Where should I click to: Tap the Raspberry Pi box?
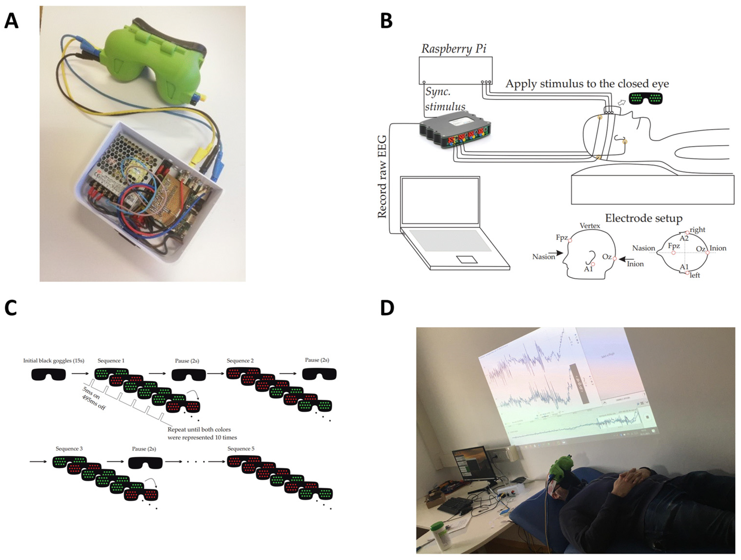[455, 70]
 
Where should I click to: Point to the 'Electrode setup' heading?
[643, 219]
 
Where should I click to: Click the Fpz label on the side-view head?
[562, 238]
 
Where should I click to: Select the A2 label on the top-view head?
[684, 238]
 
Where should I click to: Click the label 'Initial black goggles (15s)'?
[54, 361]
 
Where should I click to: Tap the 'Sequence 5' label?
[241, 449]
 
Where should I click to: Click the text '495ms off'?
[94, 403]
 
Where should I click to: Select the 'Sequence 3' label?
[69, 449]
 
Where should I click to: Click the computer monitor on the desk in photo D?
[473, 464]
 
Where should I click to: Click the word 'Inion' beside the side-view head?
[635, 264]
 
